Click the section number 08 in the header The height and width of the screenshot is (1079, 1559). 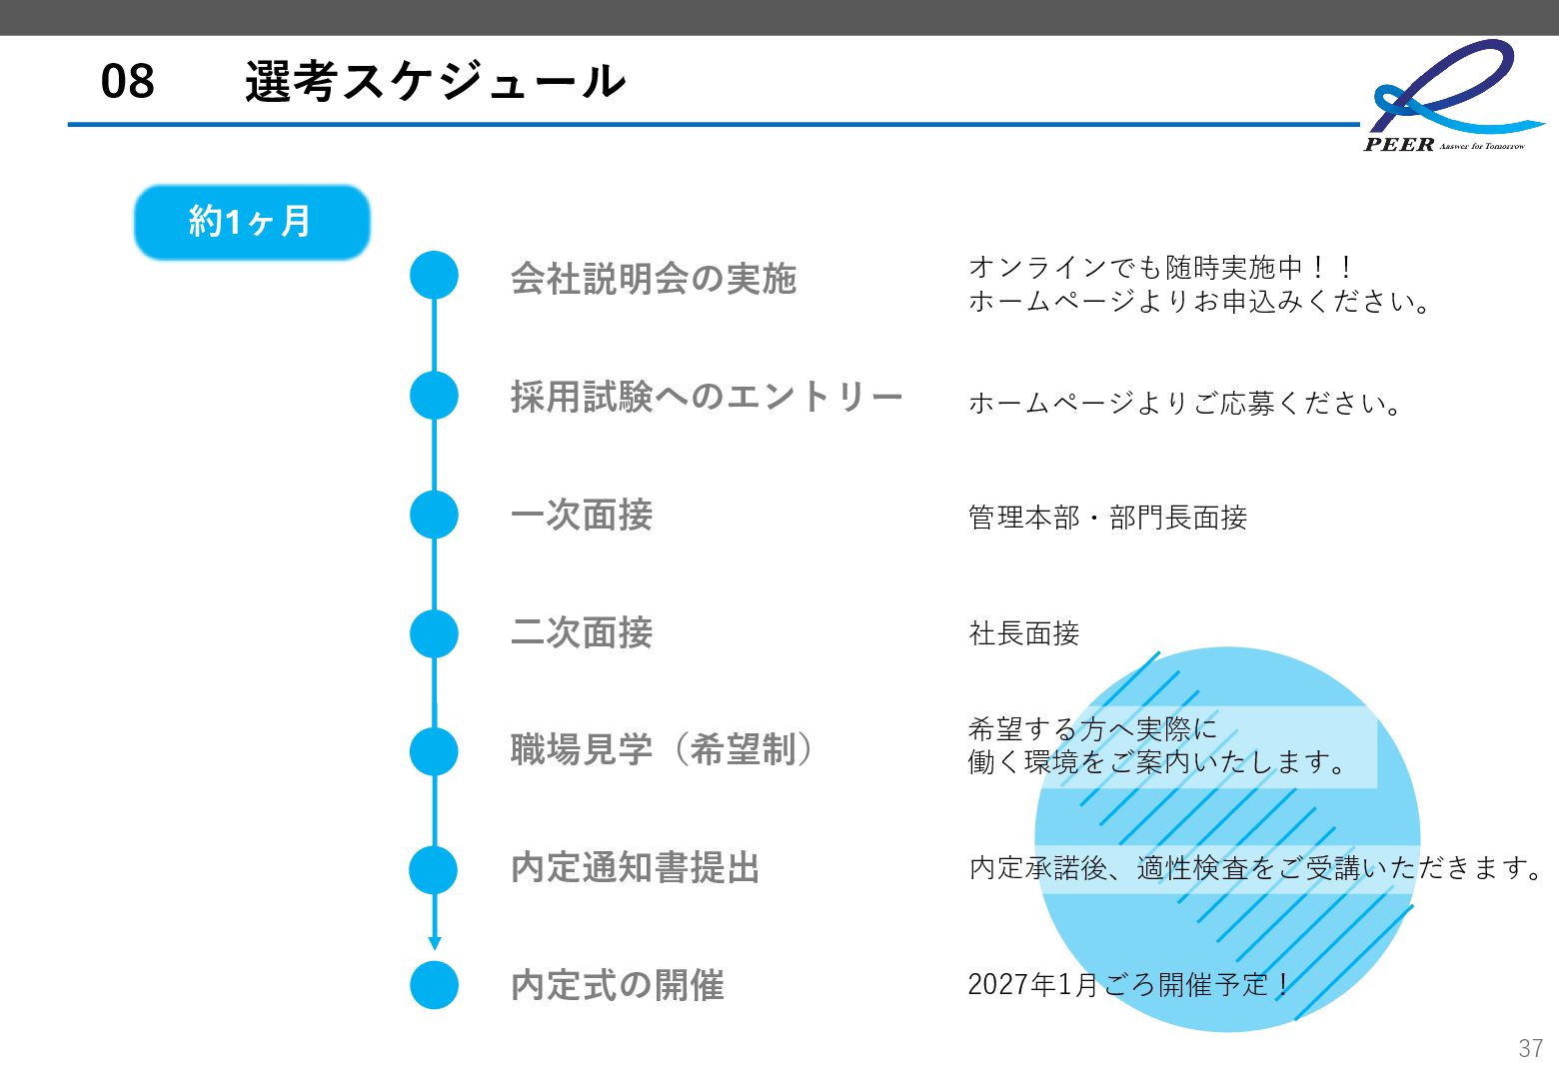click(128, 81)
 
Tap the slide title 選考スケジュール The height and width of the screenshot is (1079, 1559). click(435, 81)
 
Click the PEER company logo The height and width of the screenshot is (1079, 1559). click(1449, 96)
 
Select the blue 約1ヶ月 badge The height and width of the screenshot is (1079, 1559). click(252, 222)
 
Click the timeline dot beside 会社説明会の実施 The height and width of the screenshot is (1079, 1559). click(434, 275)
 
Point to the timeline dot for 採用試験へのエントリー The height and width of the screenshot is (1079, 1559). click(434, 395)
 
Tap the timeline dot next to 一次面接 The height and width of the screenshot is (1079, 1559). click(434, 515)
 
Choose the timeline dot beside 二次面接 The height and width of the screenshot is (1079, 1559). click(434, 633)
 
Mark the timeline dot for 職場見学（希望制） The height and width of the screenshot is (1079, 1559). click(434, 751)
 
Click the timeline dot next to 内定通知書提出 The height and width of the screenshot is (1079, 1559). click(434, 869)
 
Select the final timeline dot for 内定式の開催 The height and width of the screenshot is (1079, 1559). click(434, 984)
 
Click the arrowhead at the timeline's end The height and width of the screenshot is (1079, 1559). click(434, 942)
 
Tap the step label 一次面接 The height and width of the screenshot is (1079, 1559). click(582, 516)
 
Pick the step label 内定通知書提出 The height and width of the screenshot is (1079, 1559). click(636, 868)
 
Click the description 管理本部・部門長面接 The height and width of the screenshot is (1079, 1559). click(1107, 518)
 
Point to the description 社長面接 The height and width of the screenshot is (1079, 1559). click(1024, 633)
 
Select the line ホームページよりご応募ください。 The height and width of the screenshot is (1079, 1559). click(1186, 404)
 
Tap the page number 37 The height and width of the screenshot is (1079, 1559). click(1530, 1048)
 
